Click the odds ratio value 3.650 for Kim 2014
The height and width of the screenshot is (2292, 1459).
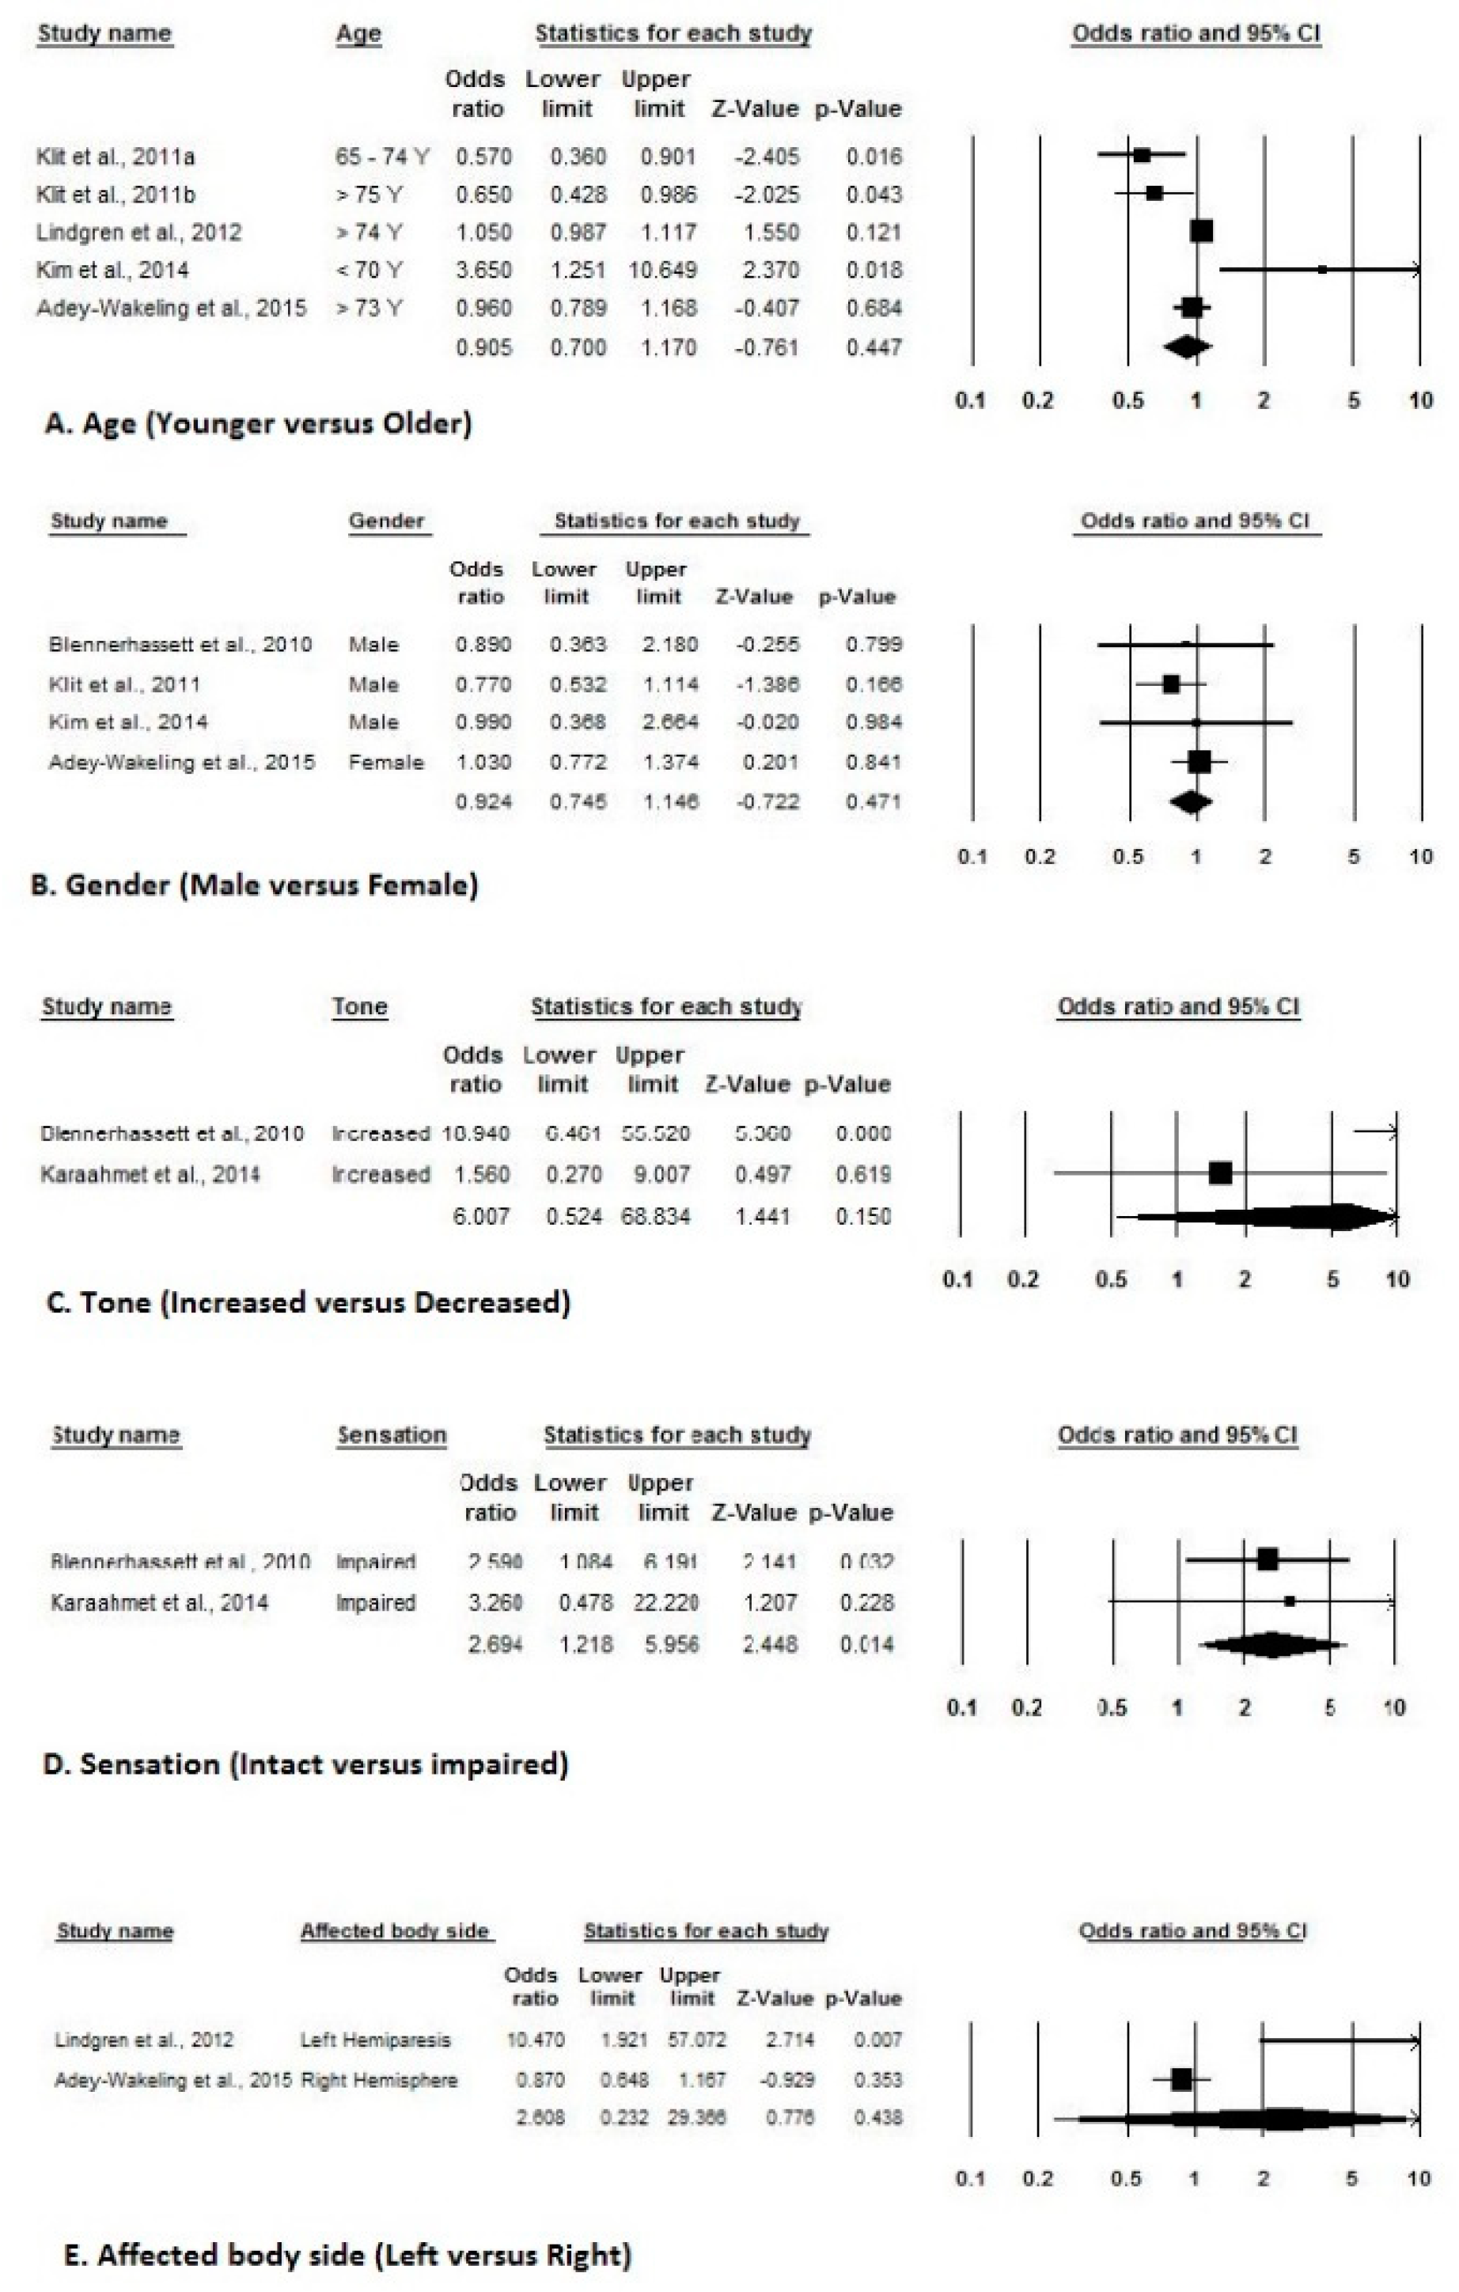click(483, 271)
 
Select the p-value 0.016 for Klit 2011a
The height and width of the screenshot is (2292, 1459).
click(874, 156)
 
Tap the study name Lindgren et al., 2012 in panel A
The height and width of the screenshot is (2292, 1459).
click(139, 233)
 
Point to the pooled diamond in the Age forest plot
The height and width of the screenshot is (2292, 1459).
click(1188, 347)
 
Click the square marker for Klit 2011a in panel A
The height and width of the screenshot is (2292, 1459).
click(1142, 155)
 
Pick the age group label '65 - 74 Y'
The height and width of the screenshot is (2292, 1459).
click(381, 156)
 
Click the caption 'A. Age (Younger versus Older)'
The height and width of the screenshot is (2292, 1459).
click(258, 422)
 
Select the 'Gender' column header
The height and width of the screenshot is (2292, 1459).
click(386, 521)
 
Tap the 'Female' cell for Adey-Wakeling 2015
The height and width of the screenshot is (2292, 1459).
click(385, 761)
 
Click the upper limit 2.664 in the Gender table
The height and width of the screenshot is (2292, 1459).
click(670, 722)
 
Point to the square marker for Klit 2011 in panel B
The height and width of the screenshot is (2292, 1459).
click(1171, 684)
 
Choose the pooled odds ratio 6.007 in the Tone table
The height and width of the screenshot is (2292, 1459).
click(480, 1215)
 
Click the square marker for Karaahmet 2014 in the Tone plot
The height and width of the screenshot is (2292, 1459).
click(1220, 1173)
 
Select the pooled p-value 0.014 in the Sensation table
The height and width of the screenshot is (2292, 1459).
click(867, 1644)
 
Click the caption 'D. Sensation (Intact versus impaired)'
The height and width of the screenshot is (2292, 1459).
click(305, 1764)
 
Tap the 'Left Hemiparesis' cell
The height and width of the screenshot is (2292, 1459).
click(375, 2040)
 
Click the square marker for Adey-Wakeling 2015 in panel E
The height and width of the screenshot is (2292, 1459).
click(1181, 2080)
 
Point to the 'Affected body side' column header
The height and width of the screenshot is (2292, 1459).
click(395, 1930)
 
